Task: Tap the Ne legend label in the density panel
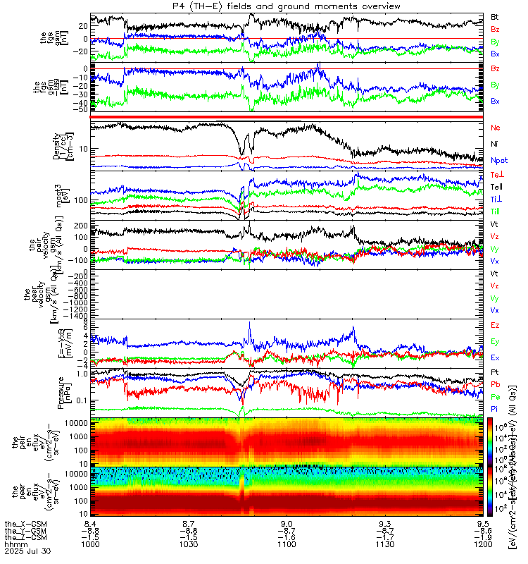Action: click(496, 128)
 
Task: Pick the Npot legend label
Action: click(499, 160)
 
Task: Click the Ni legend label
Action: click(495, 144)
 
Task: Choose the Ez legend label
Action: click(495, 325)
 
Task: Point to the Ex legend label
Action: click(495, 358)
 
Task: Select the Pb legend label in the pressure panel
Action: click(495, 385)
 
